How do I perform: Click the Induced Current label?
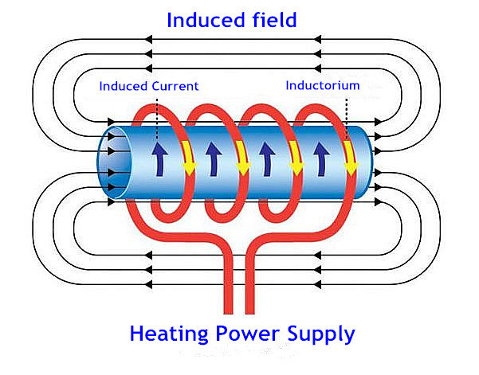tap(148, 85)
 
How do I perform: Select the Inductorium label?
tap(323, 84)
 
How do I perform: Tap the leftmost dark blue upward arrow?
tap(158, 154)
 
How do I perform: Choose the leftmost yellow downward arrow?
tap(190, 157)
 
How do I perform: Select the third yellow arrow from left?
tap(296, 157)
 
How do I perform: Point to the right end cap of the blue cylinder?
tap(371, 159)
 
